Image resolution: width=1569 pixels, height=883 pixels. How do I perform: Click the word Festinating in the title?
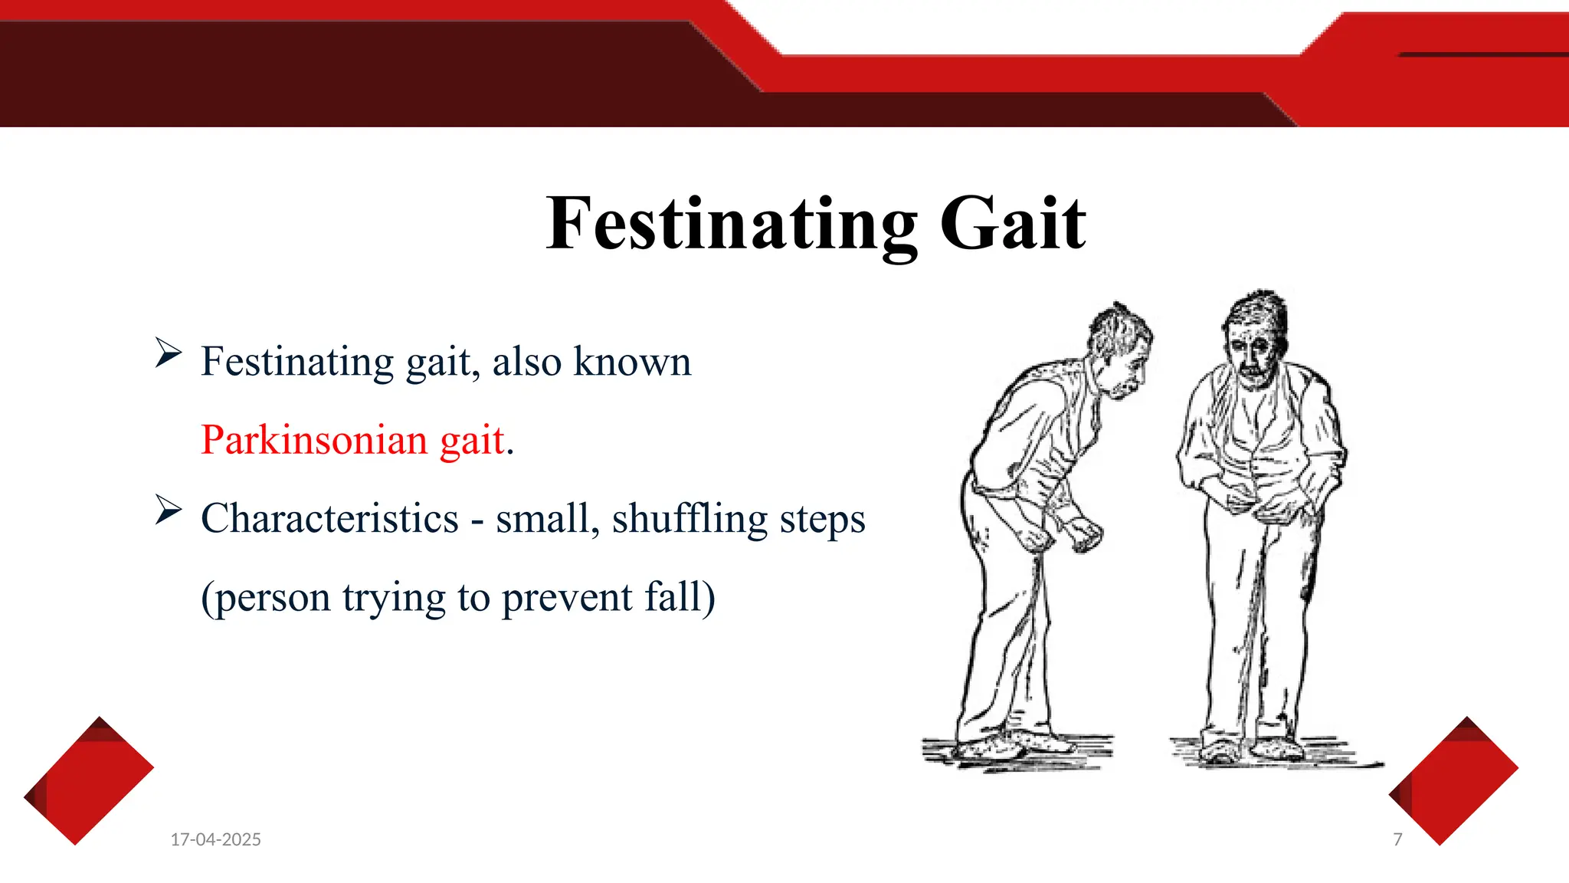click(x=732, y=224)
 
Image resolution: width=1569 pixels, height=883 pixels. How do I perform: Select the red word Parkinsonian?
click(x=313, y=440)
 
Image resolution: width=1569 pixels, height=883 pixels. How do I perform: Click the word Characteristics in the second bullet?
click(x=329, y=519)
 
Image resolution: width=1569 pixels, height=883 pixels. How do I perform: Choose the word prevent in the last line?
click(x=567, y=597)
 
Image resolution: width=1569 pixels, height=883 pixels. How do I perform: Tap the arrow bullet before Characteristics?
click(x=168, y=510)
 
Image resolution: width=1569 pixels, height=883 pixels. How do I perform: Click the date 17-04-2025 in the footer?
click(x=215, y=839)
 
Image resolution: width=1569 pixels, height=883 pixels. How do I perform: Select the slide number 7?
click(x=1397, y=839)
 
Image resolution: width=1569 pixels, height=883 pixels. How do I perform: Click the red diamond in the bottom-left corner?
click(x=88, y=780)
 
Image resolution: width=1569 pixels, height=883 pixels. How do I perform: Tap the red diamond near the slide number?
click(x=1453, y=780)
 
